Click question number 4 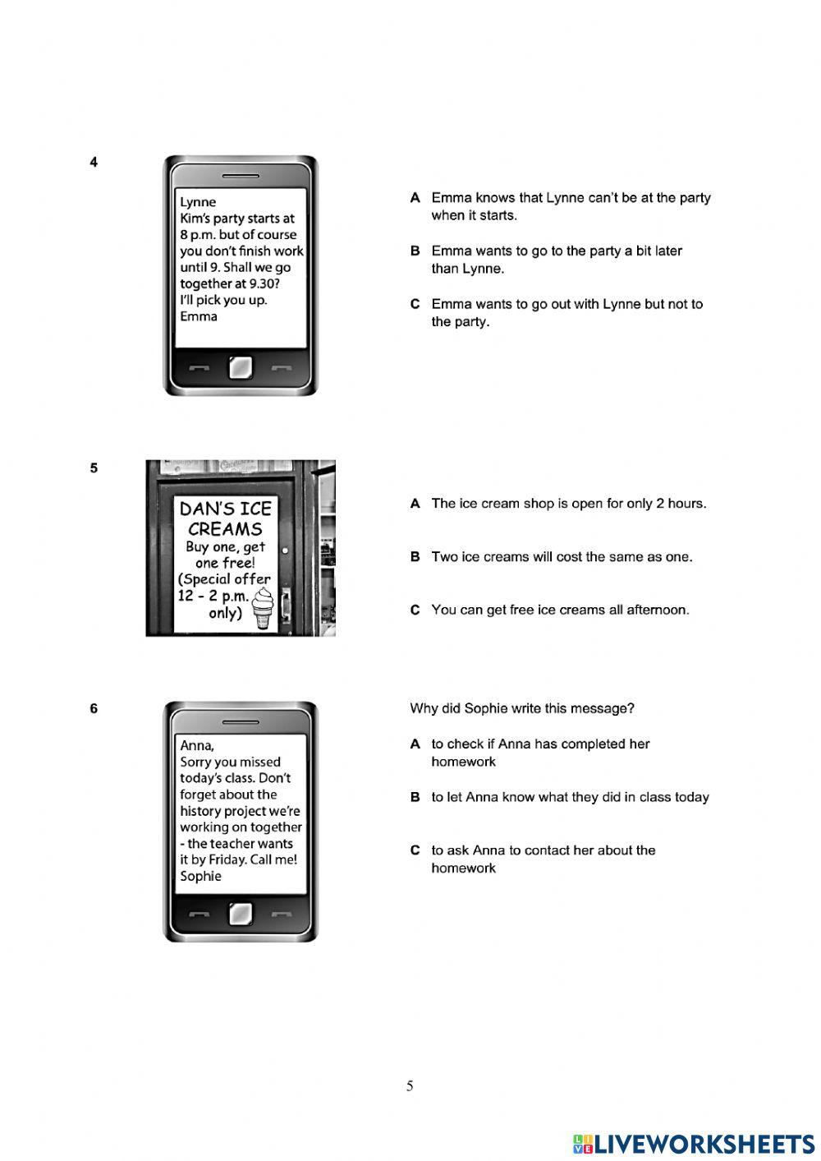tap(94, 162)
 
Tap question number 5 tap(94, 468)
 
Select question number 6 tap(94, 708)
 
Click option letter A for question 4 tap(415, 198)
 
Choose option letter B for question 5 tap(415, 557)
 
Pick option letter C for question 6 tap(415, 850)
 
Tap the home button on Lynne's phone tap(241, 367)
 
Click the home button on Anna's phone tap(241, 914)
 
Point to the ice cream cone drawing tap(263, 609)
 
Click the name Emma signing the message tap(199, 316)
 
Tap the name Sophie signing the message tap(200, 877)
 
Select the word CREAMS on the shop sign tap(225, 529)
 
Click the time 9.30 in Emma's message tap(264, 284)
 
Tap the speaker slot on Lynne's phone tap(241, 176)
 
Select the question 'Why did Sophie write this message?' tap(522, 708)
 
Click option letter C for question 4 tap(415, 304)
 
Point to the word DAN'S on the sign tap(202, 509)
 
